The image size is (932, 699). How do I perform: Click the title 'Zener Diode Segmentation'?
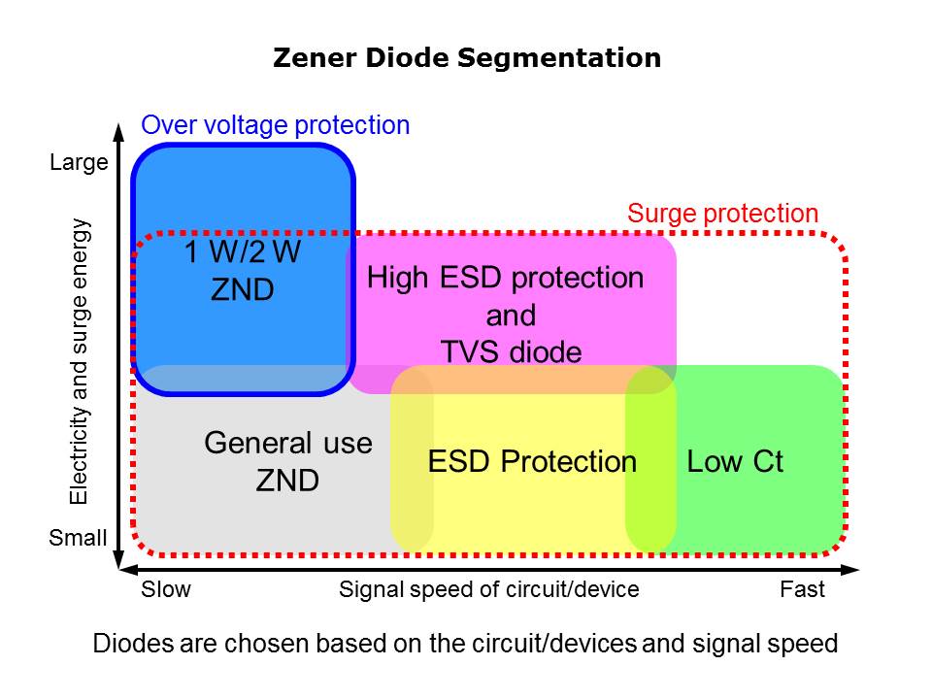pyautogui.click(x=467, y=58)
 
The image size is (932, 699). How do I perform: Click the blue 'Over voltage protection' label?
pyautogui.click(x=276, y=125)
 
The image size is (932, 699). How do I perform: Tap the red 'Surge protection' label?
pyautogui.click(x=723, y=214)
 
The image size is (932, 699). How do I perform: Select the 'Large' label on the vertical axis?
pyautogui.click(x=79, y=163)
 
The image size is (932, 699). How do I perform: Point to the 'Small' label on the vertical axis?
pyautogui.click(x=78, y=537)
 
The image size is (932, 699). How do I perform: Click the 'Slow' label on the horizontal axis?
pyautogui.click(x=167, y=589)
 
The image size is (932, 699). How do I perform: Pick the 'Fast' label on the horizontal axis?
pyautogui.click(x=802, y=589)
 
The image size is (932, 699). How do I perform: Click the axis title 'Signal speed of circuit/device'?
pyautogui.click(x=489, y=589)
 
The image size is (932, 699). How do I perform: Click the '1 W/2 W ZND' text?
pyautogui.click(x=243, y=272)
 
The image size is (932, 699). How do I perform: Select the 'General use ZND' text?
pyautogui.click(x=288, y=461)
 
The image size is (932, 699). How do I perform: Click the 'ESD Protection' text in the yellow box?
pyautogui.click(x=532, y=461)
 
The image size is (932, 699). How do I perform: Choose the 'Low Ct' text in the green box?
pyautogui.click(x=735, y=461)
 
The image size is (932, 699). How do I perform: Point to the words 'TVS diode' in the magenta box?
pyautogui.click(x=511, y=351)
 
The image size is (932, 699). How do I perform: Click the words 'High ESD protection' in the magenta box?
pyautogui.click(x=505, y=279)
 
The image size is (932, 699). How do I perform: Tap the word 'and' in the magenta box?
pyautogui.click(x=511, y=316)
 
